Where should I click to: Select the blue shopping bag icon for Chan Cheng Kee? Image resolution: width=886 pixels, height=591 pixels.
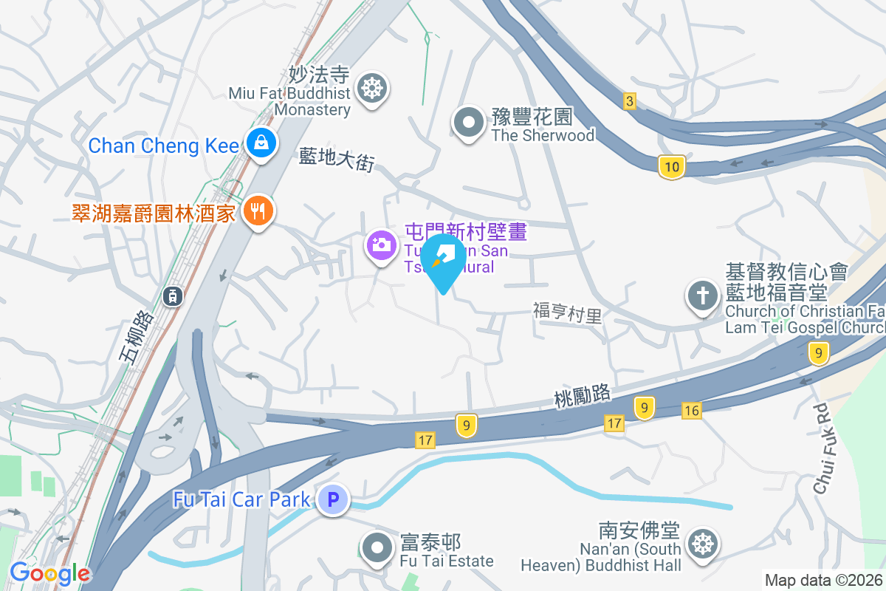(261, 143)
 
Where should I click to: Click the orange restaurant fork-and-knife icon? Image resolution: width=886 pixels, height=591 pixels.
(258, 211)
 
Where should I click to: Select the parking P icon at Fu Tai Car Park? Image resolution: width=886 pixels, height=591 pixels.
(333, 500)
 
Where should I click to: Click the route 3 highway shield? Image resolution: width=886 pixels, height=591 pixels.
(629, 102)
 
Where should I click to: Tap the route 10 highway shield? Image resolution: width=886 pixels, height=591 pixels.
(671, 167)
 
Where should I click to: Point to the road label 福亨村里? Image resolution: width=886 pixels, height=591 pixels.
(567, 313)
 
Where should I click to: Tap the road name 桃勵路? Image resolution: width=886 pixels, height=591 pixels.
(583, 396)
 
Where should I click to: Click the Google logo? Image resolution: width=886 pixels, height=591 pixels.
(50, 573)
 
